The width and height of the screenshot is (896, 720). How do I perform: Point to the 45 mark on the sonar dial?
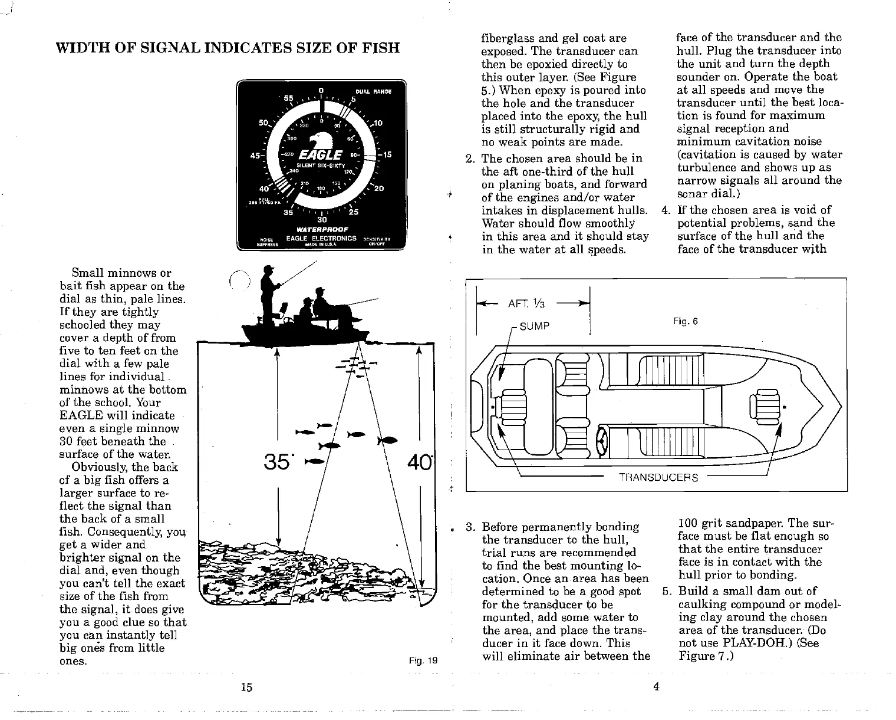pyautogui.click(x=255, y=156)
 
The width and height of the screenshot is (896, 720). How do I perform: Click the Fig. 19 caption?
pyautogui.click(x=423, y=660)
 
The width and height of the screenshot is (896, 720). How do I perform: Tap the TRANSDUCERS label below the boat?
pyautogui.click(x=658, y=477)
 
